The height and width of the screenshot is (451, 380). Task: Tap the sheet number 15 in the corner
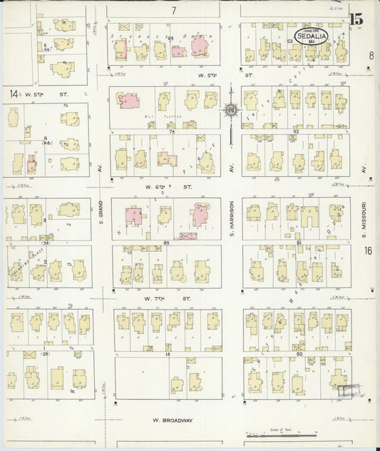click(x=356, y=19)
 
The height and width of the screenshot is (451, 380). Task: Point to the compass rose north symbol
click(x=231, y=109)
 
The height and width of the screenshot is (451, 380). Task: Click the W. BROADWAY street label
click(x=173, y=420)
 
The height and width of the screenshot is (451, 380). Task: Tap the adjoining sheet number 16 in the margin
click(x=367, y=250)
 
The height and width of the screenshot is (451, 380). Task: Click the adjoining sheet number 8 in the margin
click(x=371, y=55)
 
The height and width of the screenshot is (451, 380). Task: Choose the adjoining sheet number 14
click(x=14, y=93)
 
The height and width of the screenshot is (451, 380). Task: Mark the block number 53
click(x=290, y=41)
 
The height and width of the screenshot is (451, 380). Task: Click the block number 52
click(x=294, y=131)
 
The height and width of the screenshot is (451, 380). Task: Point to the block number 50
click(x=299, y=354)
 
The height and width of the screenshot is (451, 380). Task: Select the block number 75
click(x=171, y=131)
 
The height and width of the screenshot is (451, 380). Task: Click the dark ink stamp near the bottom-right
click(x=349, y=390)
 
